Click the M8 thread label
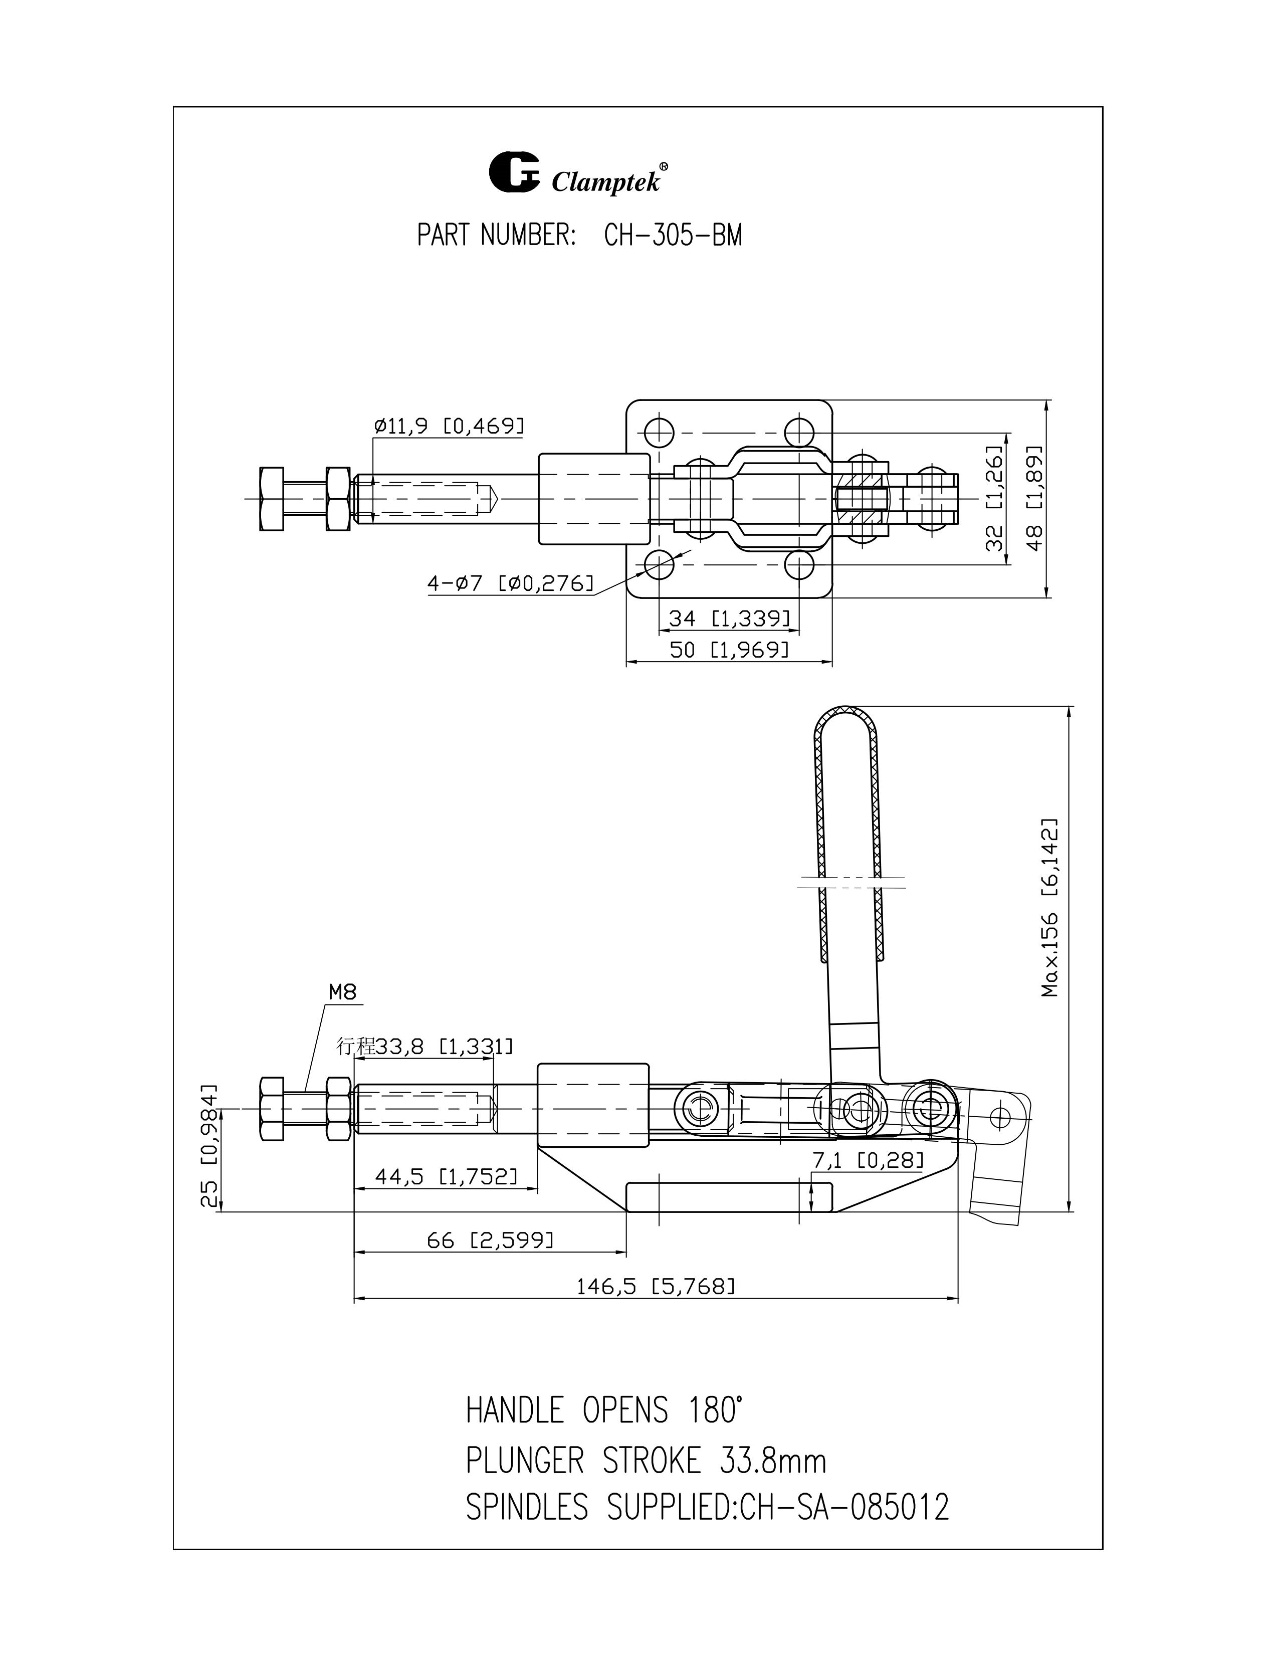[342, 992]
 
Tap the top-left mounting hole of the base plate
[660, 433]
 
